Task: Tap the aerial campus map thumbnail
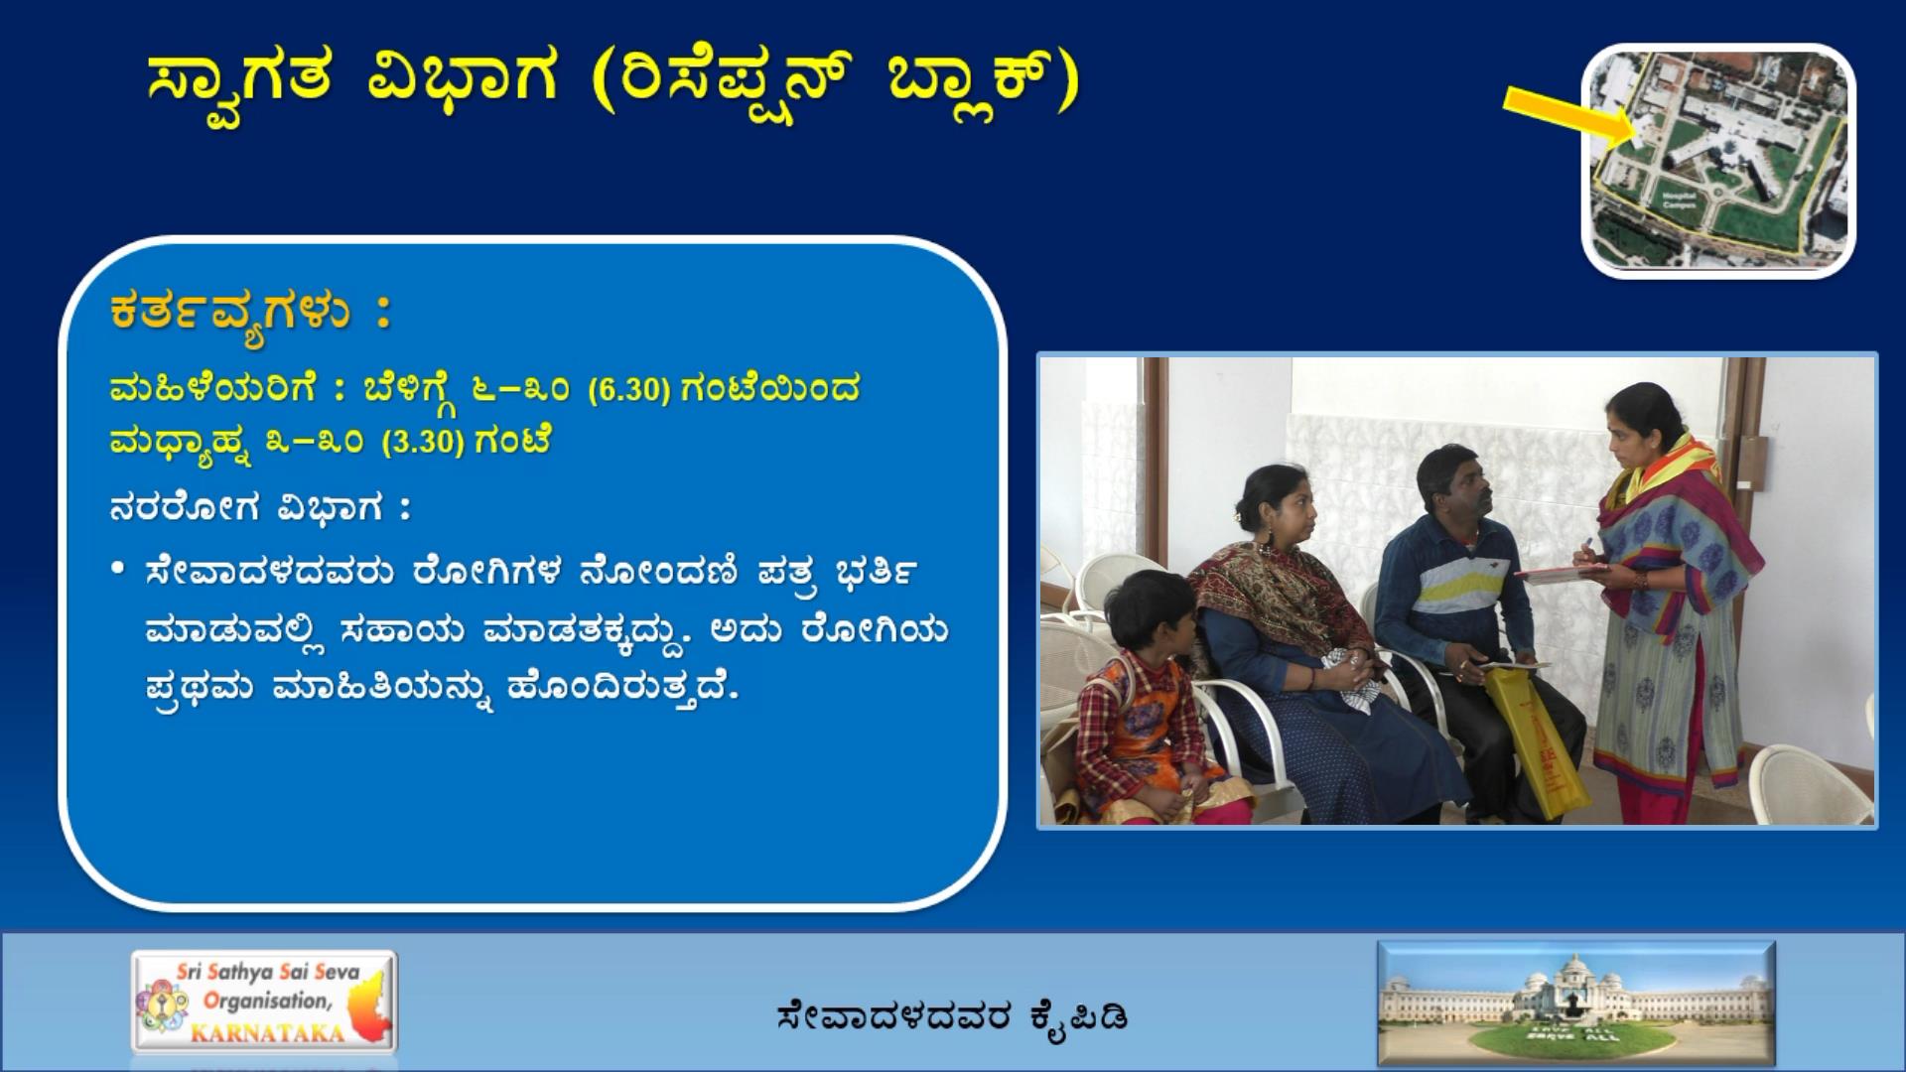(x=1718, y=161)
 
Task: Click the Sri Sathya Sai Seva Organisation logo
(x=264, y=1002)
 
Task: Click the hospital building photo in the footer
(x=1576, y=1004)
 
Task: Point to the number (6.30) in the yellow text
(x=629, y=389)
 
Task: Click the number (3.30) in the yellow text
(x=424, y=442)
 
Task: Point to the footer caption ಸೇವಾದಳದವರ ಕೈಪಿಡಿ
(x=953, y=1016)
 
